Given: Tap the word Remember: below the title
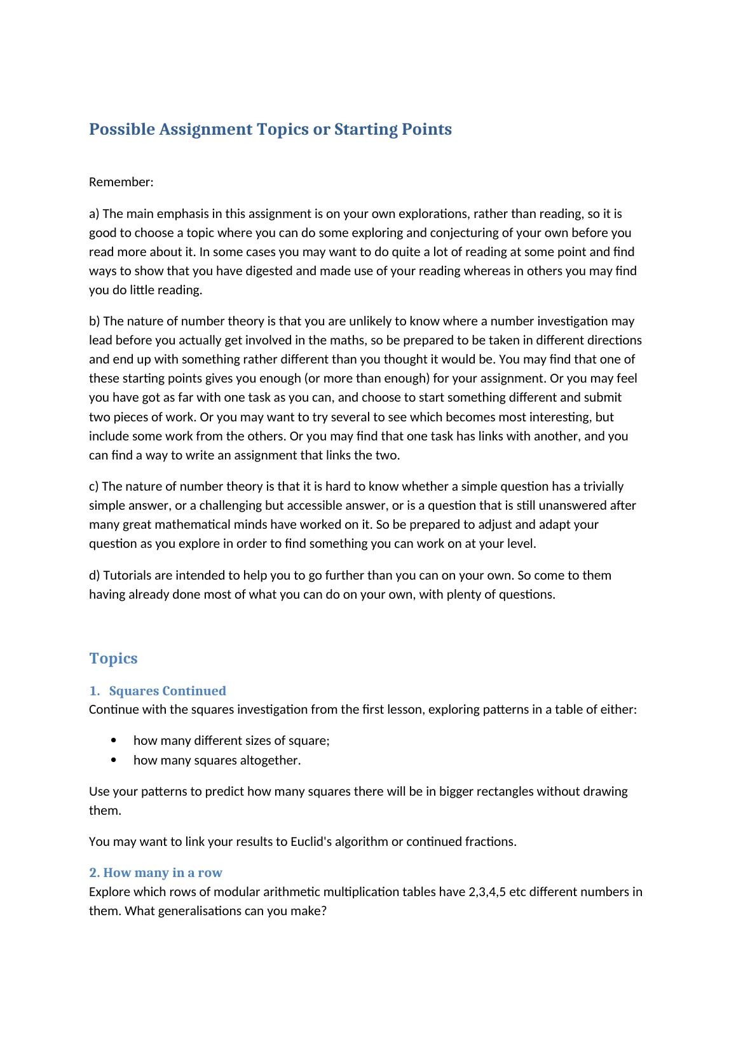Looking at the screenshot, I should [x=121, y=182].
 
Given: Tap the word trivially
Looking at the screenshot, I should [x=598, y=486].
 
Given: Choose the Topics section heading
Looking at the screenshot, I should [x=113, y=658].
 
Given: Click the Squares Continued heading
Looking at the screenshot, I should [x=167, y=691].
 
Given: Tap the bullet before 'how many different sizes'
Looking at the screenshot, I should [x=114, y=741].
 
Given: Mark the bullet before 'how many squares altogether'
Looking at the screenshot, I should [x=114, y=760].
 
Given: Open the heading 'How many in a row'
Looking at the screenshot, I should [x=162, y=873].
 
